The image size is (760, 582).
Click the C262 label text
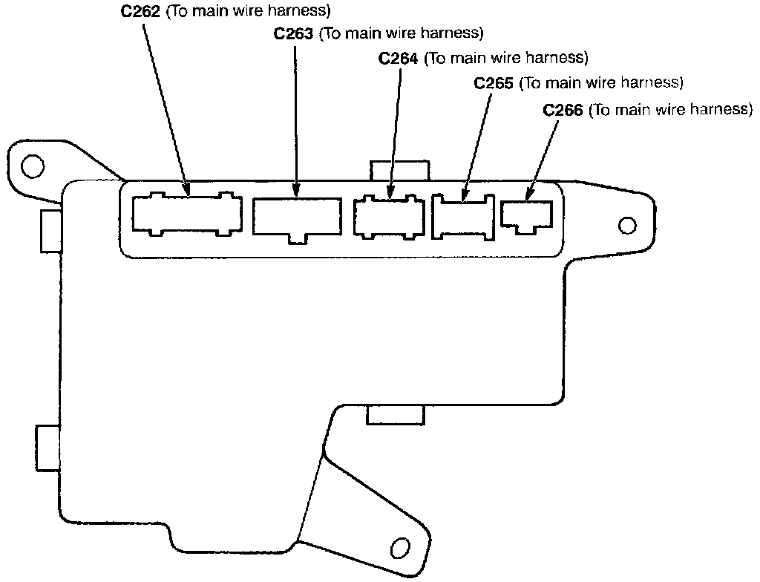click(140, 12)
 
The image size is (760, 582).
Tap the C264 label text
click(399, 58)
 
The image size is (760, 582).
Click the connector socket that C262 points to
click(187, 214)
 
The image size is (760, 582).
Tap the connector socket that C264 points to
click(390, 216)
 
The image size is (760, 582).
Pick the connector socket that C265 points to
click(465, 217)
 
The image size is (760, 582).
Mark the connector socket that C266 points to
click(527, 215)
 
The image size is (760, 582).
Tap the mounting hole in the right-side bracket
click(626, 224)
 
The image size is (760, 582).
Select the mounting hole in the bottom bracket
click(400, 549)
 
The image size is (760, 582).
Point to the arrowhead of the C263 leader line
click(296, 192)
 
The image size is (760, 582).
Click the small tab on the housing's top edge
click(399, 170)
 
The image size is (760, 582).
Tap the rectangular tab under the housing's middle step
click(396, 415)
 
